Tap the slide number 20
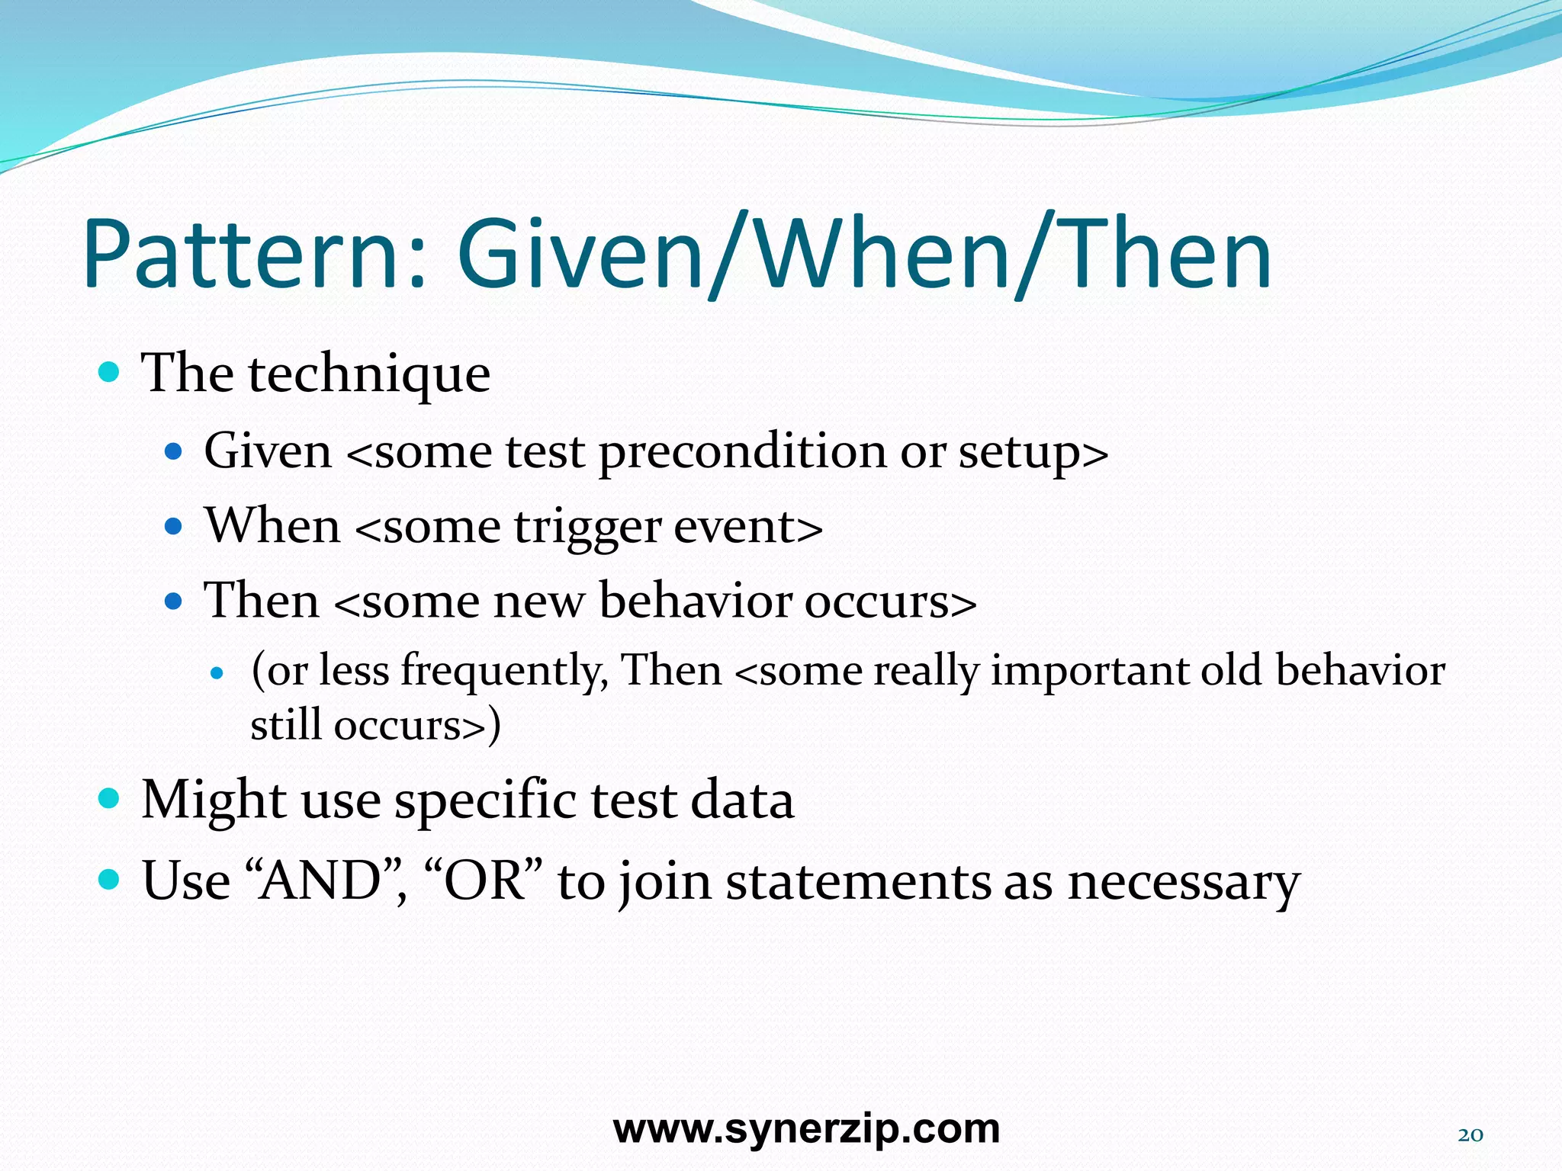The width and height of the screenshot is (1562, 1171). pyautogui.click(x=1470, y=1135)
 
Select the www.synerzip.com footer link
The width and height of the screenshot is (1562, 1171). pyautogui.click(x=806, y=1129)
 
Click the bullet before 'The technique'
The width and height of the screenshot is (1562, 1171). pyautogui.click(x=110, y=373)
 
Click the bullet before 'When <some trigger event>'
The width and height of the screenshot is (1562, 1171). pyautogui.click(x=174, y=526)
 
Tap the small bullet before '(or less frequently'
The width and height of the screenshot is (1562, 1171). pyautogui.click(x=218, y=673)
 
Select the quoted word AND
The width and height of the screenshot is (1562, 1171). pyautogui.click(x=320, y=881)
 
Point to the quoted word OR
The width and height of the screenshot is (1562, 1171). pyautogui.click(x=484, y=881)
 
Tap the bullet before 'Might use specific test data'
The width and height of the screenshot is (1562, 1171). pyautogui.click(x=110, y=799)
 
